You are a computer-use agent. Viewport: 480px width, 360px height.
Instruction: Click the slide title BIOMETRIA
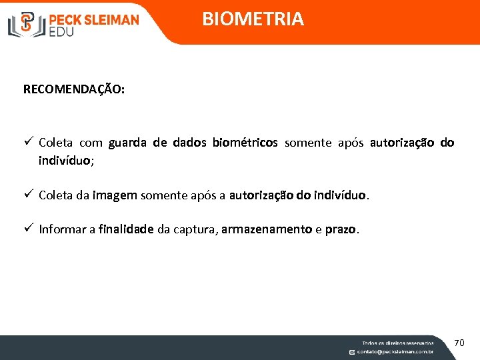tap(253, 19)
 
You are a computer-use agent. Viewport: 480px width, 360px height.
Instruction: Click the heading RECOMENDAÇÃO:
tap(73, 89)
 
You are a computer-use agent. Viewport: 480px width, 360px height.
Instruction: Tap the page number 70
tap(459, 343)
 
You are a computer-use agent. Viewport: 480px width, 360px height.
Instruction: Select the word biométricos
tap(245, 143)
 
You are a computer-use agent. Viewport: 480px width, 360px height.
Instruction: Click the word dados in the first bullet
tap(189, 143)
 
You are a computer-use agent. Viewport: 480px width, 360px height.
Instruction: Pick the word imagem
tap(115, 196)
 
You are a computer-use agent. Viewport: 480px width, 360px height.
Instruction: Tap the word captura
tap(194, 230)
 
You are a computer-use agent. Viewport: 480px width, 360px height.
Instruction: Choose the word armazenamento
tap(267, 230)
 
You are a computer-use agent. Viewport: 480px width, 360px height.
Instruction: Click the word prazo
tap(340, 230)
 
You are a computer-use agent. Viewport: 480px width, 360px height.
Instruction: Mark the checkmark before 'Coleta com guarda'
tap(28, 142)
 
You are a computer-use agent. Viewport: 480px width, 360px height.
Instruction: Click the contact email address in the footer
tap(395, 351)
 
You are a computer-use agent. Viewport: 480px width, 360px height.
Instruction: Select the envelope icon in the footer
tap(352, 351)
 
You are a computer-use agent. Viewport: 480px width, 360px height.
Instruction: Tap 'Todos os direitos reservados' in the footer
tap(397, 343)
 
